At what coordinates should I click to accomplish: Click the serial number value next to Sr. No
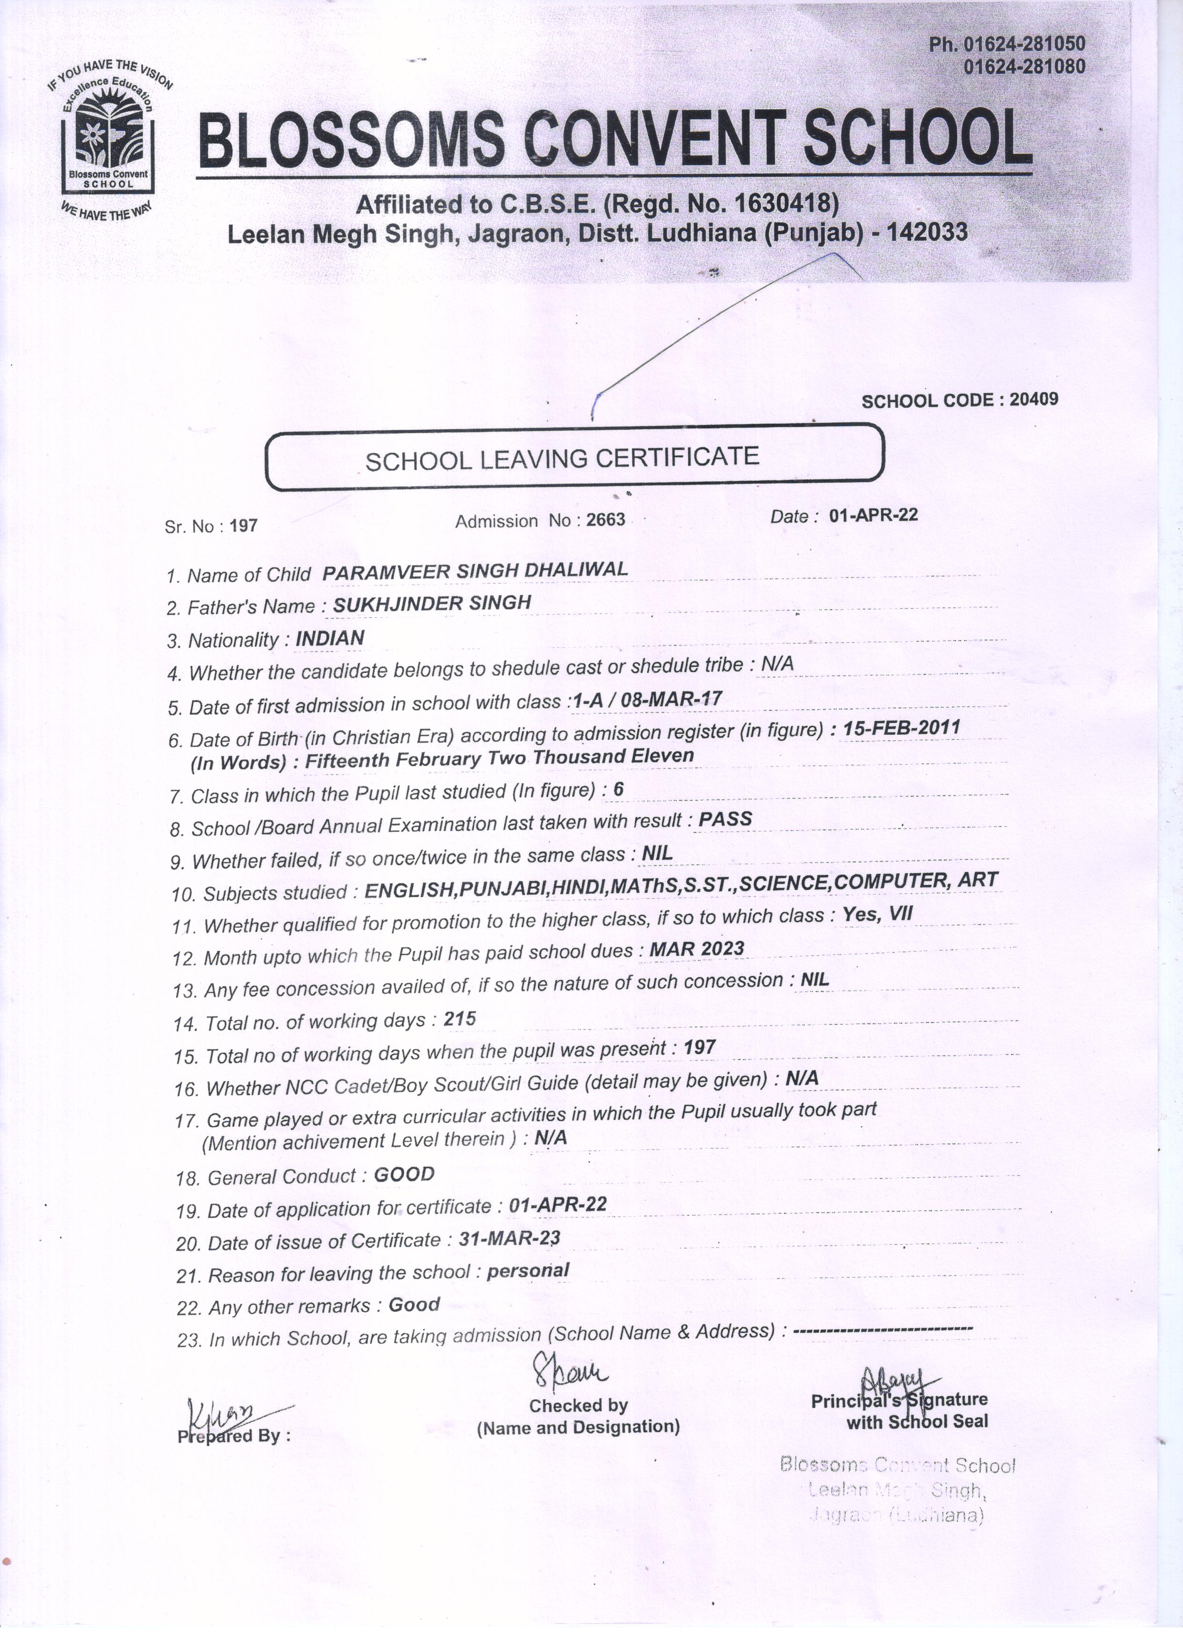coord(243,526)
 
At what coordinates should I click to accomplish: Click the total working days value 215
coord(460,1019)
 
